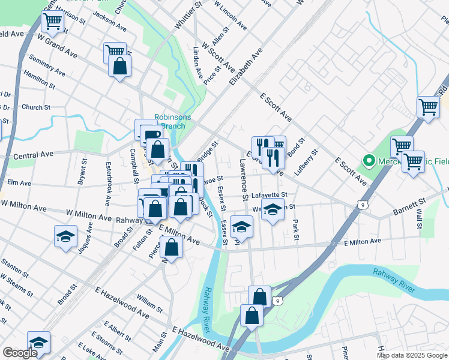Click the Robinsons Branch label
coord(172,121)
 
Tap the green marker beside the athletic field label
coord(368,161)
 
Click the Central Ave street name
coord(34,155)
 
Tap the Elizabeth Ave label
coord(246,70)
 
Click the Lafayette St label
coord(270,194)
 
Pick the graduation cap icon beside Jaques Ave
coord(65,236)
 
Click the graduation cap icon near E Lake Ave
coord(38,341)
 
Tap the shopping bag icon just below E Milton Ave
coord(171,247)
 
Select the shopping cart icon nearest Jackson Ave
coord(114,52)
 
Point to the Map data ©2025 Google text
coord(412,355)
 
